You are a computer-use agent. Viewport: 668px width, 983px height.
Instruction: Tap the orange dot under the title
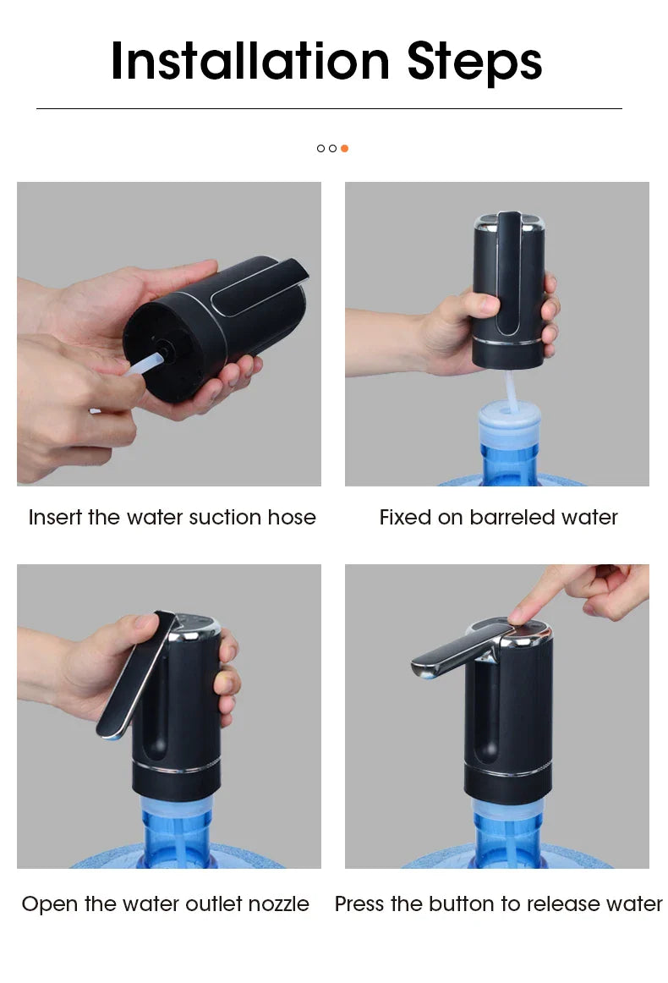(344, 148)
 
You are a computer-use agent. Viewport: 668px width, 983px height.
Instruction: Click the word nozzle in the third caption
(278, 903)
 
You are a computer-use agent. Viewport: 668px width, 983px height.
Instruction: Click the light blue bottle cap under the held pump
(509, 423)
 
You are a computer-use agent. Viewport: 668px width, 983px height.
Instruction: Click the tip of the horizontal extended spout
(419, 668)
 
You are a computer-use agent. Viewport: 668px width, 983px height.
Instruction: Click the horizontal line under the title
(329, 108)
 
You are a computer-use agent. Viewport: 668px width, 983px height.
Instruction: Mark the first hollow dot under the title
(320, 148)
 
